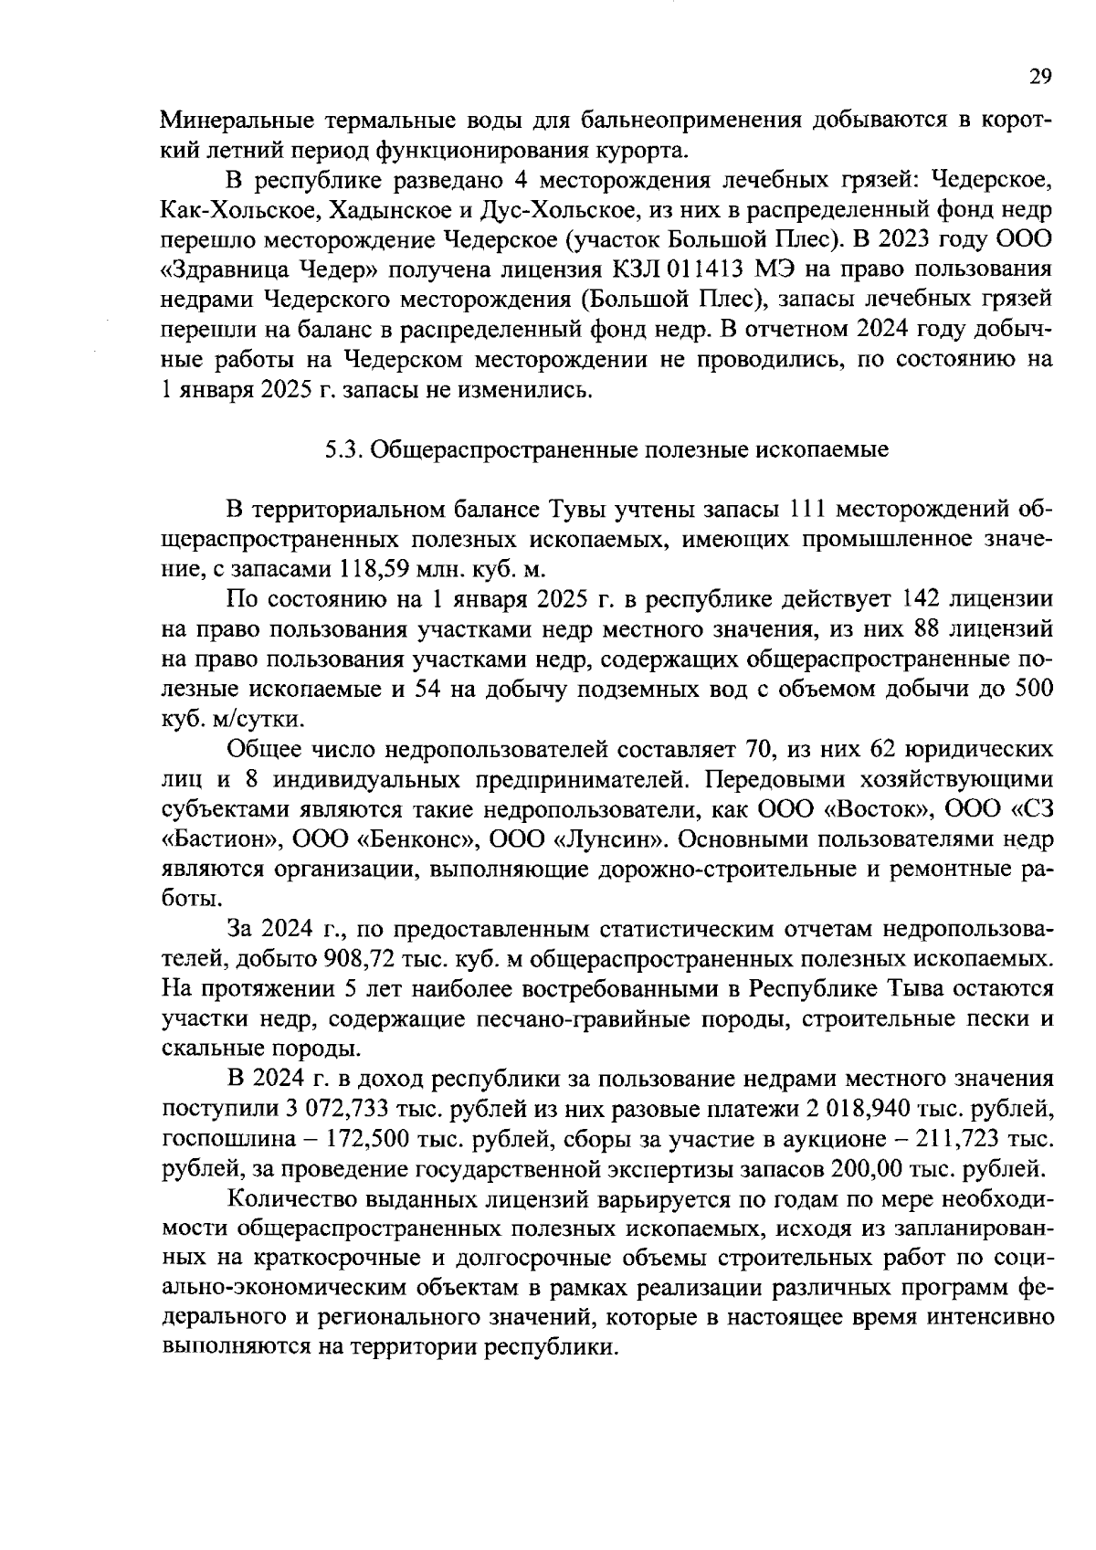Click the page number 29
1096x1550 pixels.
click(1041, 77)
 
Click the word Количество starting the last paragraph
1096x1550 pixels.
click(287, 1198)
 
